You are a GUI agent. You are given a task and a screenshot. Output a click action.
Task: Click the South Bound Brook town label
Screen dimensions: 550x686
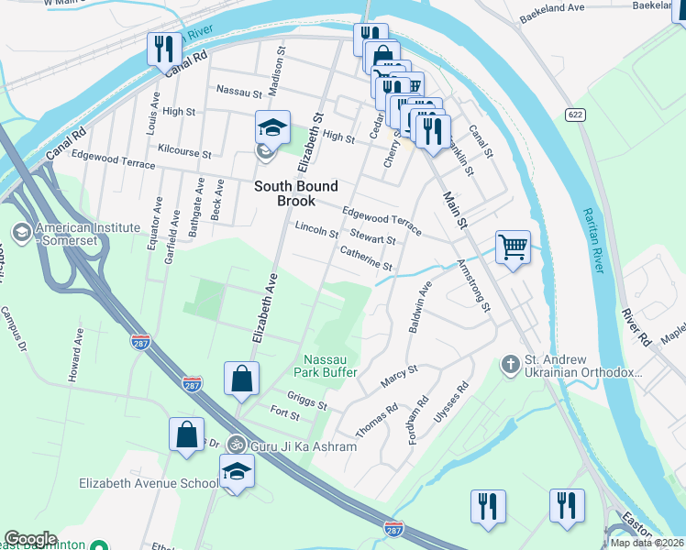tap(284, 193)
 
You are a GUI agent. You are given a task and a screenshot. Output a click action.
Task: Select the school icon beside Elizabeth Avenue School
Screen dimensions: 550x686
tap(237, 471)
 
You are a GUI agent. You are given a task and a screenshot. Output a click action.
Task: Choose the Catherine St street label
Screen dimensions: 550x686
tap(366, 258)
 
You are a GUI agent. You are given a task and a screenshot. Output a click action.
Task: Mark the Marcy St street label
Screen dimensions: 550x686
tap(399, 376)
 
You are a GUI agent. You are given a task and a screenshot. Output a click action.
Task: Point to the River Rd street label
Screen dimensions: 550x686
tap(635, 328)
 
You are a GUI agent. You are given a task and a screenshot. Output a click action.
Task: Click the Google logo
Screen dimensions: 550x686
tap(30, 539)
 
